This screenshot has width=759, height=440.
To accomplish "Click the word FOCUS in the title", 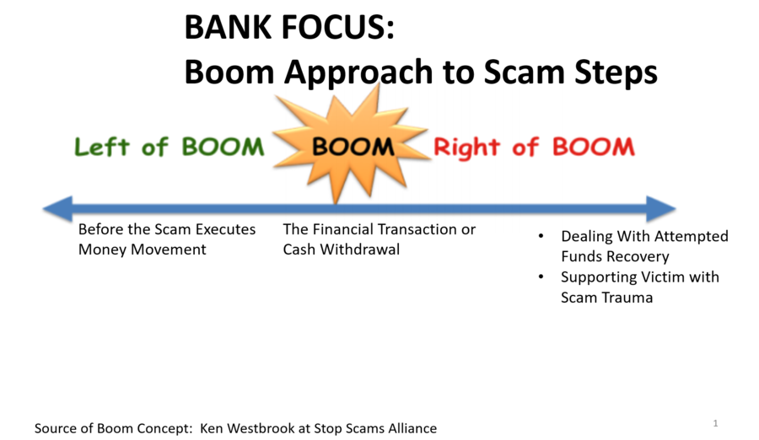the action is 338,27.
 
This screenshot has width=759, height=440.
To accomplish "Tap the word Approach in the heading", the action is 358,72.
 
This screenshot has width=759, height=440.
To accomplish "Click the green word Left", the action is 102,147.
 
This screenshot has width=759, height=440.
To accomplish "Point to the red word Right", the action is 466,148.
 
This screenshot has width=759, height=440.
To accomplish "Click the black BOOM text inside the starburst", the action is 353,147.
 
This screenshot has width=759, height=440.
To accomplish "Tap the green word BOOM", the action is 223,147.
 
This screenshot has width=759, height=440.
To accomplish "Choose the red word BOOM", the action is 594,147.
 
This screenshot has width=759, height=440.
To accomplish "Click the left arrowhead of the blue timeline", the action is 58,209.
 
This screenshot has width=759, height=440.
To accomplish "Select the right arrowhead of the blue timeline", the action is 661,209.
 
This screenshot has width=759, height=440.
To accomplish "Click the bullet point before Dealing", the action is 541,236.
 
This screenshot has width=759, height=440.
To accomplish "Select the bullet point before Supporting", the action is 541,276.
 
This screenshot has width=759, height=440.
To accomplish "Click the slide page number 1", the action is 715,423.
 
